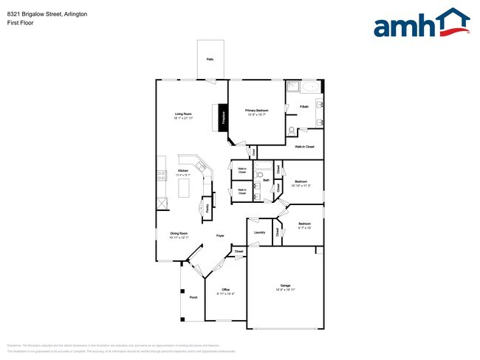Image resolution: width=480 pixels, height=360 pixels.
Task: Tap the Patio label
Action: tap(210, 58)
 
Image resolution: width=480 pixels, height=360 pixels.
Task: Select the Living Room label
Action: tap(183, 114)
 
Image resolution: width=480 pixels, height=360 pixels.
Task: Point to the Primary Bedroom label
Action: tap(256, 110)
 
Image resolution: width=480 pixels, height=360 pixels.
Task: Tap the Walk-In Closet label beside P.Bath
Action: tap(304, 147)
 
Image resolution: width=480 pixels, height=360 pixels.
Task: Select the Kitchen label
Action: tap(183, 170)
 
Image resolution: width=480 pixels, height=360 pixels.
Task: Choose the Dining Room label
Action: tap(179, 234)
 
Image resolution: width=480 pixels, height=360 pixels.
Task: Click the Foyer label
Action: tap(220, 235)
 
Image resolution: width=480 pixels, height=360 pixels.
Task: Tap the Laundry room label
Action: tap(259, 232)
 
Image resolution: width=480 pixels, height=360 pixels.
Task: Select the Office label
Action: tap(221, 289)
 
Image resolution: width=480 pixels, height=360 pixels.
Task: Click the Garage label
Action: tap(284, 285)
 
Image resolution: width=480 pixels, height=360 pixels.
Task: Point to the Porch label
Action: tap(193, 297)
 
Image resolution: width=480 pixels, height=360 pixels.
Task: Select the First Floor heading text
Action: tap(22, 23)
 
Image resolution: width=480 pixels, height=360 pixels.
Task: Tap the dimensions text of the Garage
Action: tap(284, 290)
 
